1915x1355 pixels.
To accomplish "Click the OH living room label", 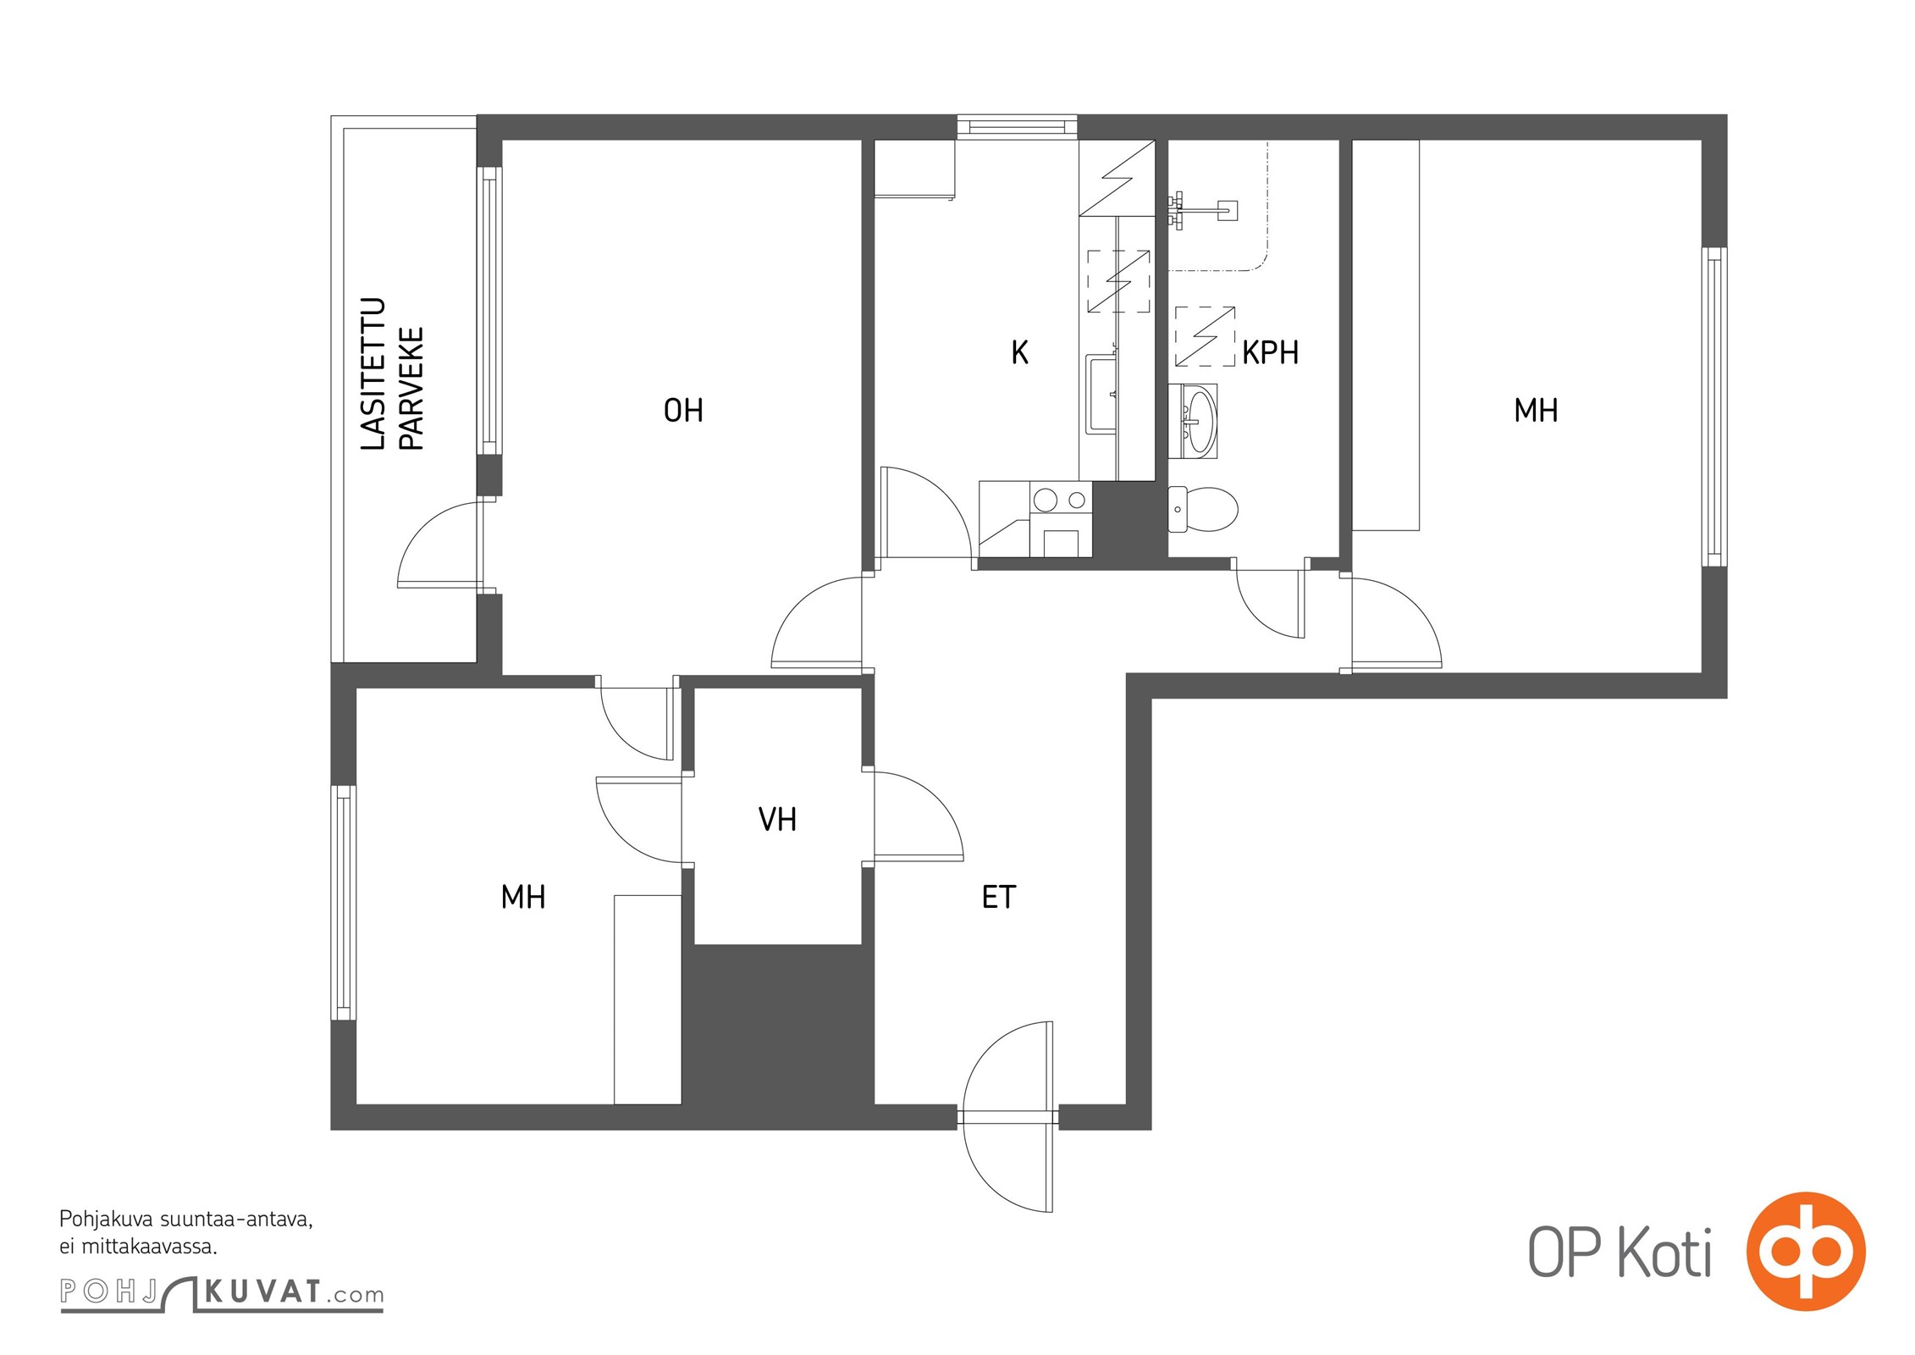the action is [683, 411].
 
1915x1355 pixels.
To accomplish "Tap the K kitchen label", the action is [1019, 352].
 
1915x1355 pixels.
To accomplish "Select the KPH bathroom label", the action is [1270, 352].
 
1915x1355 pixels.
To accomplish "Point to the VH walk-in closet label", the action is [777, 819].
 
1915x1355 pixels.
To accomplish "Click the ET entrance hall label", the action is [998, 897].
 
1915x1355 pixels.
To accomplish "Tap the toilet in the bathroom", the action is [1202, 509].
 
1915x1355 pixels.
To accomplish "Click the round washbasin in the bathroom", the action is [1194, 421].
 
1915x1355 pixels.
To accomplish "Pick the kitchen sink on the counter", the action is [1101, 394].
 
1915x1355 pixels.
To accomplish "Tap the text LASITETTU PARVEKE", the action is [391, 373].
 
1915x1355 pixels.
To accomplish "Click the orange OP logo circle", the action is [1806, 1251].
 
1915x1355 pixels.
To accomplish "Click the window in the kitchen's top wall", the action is [1017, 126].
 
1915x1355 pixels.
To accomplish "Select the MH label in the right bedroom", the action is [1536, 411].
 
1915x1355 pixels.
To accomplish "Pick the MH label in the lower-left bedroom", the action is [522, 897].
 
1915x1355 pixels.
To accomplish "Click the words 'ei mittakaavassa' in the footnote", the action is [138, 1247].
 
